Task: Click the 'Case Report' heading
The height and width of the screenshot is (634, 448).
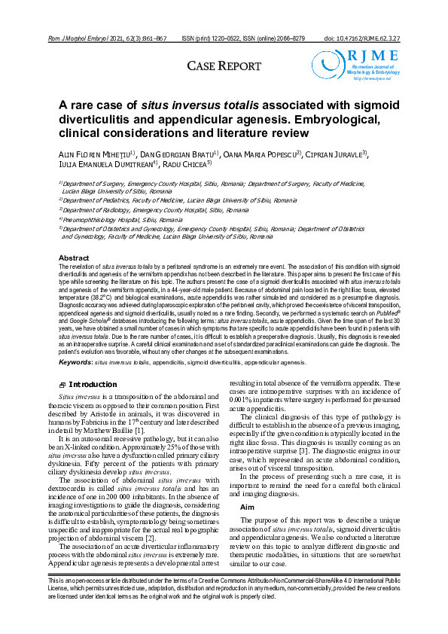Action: coord(224,66)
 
